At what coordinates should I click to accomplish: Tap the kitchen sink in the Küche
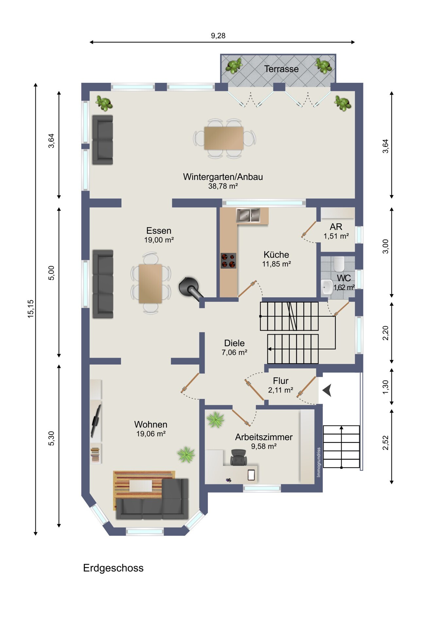click(248, 215)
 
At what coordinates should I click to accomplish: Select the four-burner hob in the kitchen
click(228, 261)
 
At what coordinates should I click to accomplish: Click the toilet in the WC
click(339, 264)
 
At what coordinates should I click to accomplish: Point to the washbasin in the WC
click(326, 287)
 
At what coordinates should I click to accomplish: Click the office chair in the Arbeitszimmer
click(239, 457)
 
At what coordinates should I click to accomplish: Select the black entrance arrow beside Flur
click(327, 390)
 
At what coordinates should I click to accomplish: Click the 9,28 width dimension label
click(218, 36)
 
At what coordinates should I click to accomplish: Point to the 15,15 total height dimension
click(31, 308)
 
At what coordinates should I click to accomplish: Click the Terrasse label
click(281, 69)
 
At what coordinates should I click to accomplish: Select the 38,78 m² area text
click(223, 186)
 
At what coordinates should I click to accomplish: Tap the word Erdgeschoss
click(113, 568)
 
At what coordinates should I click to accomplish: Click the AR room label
click(336, 227)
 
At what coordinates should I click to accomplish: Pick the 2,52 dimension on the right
click(386, 443)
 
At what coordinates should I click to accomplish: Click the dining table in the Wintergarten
click(224, 138)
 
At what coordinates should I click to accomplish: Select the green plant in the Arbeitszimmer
click(216, 420)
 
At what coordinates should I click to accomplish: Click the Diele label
click(234, 343)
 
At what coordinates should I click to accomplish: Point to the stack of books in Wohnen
click(95, 454)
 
